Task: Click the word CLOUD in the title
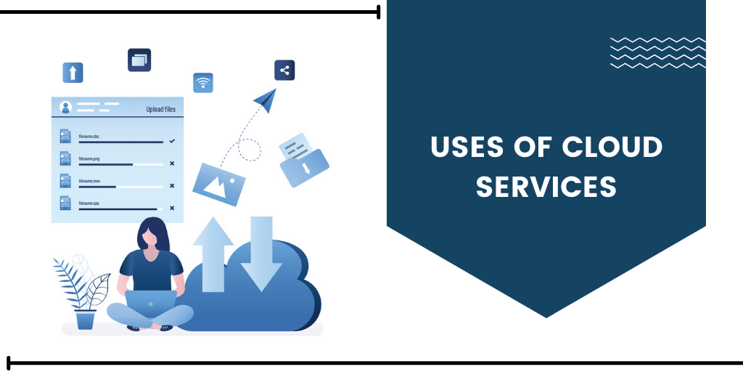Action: tap(612, 147)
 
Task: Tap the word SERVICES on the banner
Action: tap(546, 186)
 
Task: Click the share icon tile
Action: tap(284, 70)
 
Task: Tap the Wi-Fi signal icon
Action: tap(203, 83)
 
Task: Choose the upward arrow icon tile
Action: tap(73, 72)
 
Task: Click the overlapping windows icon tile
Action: tap(139, 60)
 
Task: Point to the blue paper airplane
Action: tap(266, 100)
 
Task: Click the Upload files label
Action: tap(160, 110)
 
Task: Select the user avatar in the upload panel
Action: tap(66, 108)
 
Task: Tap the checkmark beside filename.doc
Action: tap(172, 140)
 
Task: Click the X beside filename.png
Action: tap(172, 163)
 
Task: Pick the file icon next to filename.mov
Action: tap(65, 181)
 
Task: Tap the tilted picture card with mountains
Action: tap(220, 179)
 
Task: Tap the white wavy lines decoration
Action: tap(657, 52)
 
